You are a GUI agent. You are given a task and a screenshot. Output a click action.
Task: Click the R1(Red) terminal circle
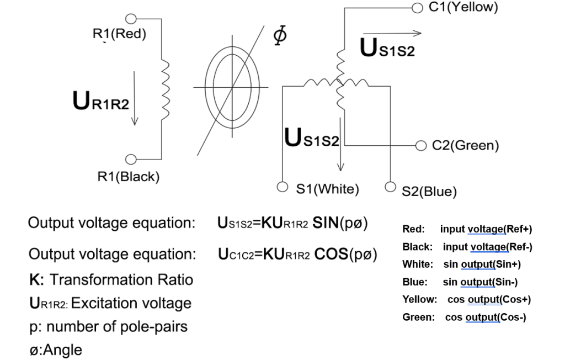131,18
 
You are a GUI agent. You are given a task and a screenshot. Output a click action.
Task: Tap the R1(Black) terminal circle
131,159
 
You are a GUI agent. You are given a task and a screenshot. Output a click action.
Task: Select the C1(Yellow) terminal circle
417,8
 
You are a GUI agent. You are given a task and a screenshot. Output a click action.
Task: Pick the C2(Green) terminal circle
421,146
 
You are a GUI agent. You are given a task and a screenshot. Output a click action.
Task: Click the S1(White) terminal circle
282,187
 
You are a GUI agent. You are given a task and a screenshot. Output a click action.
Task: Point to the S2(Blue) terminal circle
390,187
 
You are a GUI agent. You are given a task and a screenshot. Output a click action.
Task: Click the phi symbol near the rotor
280,35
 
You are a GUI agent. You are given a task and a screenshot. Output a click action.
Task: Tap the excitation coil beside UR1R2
165,89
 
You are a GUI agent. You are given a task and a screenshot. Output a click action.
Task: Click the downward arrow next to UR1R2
135,98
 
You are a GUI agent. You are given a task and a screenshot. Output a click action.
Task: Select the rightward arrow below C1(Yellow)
392,33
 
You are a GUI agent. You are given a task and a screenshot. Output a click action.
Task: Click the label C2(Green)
466,145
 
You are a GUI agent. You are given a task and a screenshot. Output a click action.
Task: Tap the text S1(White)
328,189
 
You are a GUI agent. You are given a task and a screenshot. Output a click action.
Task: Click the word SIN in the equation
326,223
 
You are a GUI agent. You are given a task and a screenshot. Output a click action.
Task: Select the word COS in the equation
331,255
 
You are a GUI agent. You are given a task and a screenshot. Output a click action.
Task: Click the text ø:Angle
56,350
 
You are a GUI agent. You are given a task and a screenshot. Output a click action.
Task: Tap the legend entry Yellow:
420,299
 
